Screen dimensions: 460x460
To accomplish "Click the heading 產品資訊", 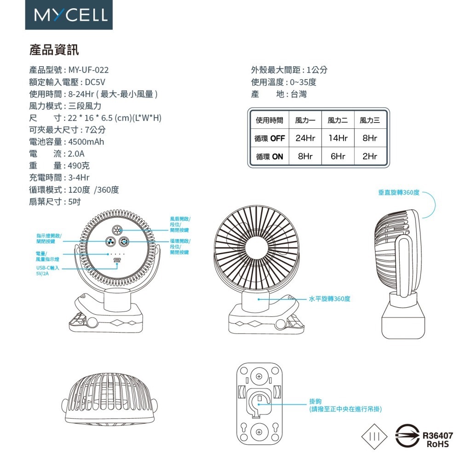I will [54, 49].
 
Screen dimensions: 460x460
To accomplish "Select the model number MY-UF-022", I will [88, 70].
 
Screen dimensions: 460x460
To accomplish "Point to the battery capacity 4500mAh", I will [86, 142].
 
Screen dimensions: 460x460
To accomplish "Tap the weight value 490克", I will [79, 166].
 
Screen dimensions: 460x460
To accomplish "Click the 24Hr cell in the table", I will [305, 138].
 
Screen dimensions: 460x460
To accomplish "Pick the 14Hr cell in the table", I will [338, 138].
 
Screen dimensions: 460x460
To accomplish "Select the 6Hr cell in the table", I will [338, 156].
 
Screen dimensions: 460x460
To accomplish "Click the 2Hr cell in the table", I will [370, 156].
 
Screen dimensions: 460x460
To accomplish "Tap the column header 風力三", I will [370, 121].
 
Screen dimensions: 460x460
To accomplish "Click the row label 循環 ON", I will [270, 156].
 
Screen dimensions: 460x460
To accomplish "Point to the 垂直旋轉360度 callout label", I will [398, 192].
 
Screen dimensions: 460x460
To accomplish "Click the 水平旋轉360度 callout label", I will [329, 299].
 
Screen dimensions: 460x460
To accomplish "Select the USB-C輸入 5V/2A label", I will [47, 270].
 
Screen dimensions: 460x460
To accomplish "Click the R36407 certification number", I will [437, 435].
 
